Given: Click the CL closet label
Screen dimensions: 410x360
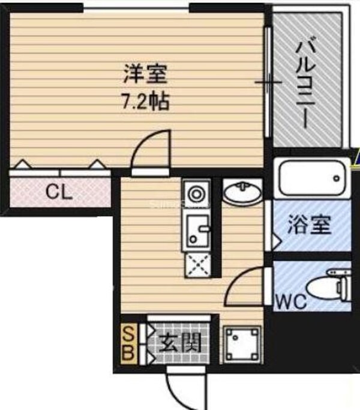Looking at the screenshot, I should (x=59, y=193).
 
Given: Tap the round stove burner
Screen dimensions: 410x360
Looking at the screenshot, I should (x=196, y=194).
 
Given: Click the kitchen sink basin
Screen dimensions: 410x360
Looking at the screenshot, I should (x=196, y=230).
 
